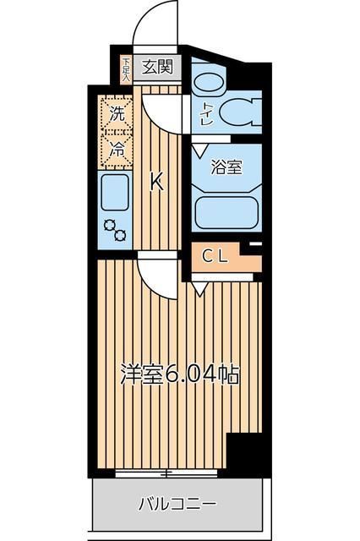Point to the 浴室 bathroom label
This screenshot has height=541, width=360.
pyautogui.click(x=226, y=167)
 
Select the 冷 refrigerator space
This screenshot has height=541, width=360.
pyautogui.click(x=117, y=150)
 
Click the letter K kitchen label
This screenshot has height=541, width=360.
pyautogui.click(x=156, y=182)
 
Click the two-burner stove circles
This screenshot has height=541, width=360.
pyautogui.click(x=115, y=231)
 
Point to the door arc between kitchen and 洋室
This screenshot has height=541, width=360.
pyautogui.click(x=155, y=275)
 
